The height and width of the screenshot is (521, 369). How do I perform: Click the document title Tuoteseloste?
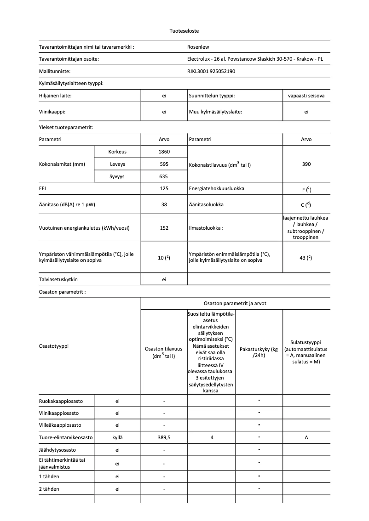coord(184,31)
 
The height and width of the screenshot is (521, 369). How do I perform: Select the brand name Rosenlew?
coord(198,46)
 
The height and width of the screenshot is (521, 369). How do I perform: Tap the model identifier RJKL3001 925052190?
coord(211,71)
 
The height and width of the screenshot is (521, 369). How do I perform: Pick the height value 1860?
coord(164,152)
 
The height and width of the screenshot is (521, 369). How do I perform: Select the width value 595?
coord(164,164)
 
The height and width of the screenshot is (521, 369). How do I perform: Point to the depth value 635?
coord(164,176)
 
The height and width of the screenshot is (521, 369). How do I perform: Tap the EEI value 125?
coord(164,188)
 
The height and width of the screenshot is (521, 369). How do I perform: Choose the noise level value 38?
coord(164,204)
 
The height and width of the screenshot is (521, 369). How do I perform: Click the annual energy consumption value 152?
coord(164,228)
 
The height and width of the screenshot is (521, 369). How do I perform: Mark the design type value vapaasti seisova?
coord(306,96)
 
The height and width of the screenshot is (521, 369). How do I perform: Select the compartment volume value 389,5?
coord(164,438)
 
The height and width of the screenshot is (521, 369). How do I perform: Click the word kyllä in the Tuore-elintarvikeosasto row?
coord(117,438)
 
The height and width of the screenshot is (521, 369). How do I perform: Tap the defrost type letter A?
coord(306,438)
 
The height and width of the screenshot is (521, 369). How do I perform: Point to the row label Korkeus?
coord(117,152)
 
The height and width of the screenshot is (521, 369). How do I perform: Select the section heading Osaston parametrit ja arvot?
coord(235,303)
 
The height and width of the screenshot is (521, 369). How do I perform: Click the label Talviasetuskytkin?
coord(62,279)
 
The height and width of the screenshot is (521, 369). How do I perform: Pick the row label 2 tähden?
coord(49,489)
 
